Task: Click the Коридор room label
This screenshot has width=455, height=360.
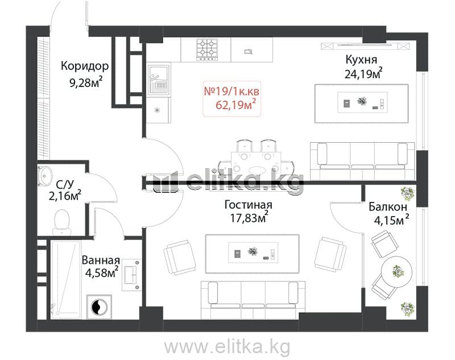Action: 85,66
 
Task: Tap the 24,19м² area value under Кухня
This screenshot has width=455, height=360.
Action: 363,74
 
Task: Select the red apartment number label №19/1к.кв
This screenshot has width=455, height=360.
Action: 231,92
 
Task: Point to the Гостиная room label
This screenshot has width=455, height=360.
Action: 249,205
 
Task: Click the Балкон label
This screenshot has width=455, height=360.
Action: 388,207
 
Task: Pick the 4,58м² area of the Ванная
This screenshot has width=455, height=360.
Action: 102,272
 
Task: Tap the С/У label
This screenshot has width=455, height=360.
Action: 65,184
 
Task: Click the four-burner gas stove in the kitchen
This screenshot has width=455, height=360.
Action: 207,49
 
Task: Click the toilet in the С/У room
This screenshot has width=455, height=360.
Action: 62,222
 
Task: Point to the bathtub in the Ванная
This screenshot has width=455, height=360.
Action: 66,279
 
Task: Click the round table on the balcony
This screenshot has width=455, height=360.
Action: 396,271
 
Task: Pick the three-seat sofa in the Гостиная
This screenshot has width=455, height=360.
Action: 253,300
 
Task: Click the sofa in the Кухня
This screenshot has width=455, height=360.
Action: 362,161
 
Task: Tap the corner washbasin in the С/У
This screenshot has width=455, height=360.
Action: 45,176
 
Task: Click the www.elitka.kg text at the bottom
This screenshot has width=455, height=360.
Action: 227,347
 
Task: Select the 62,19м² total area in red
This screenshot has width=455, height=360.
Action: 236,105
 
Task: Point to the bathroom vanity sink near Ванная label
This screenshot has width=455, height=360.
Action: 132,275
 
